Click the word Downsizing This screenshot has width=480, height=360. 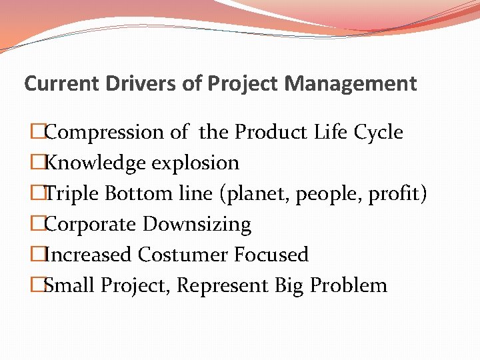(197, 225)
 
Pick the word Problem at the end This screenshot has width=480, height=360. (349, 285)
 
